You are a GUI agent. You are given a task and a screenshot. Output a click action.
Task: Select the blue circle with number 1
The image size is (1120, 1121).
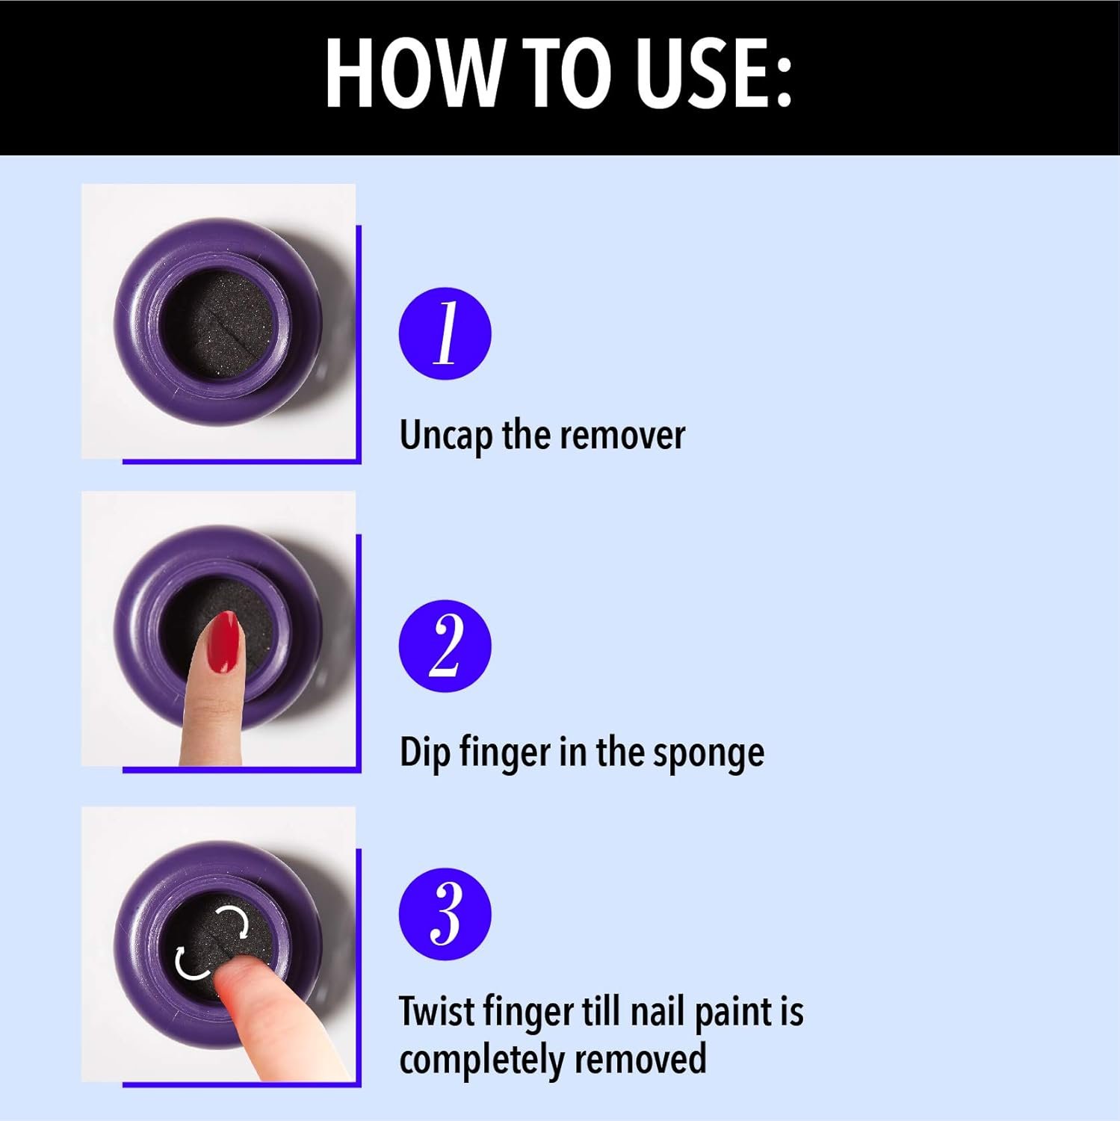click(x=445, y=333)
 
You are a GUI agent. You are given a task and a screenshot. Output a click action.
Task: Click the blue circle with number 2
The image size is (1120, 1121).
click(x=445, y=646)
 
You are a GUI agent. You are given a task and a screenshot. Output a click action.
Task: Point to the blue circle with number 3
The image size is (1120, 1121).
click(x=445, y=914)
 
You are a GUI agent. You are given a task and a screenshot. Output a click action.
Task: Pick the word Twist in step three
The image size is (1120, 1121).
click(x=436, y=1012)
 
